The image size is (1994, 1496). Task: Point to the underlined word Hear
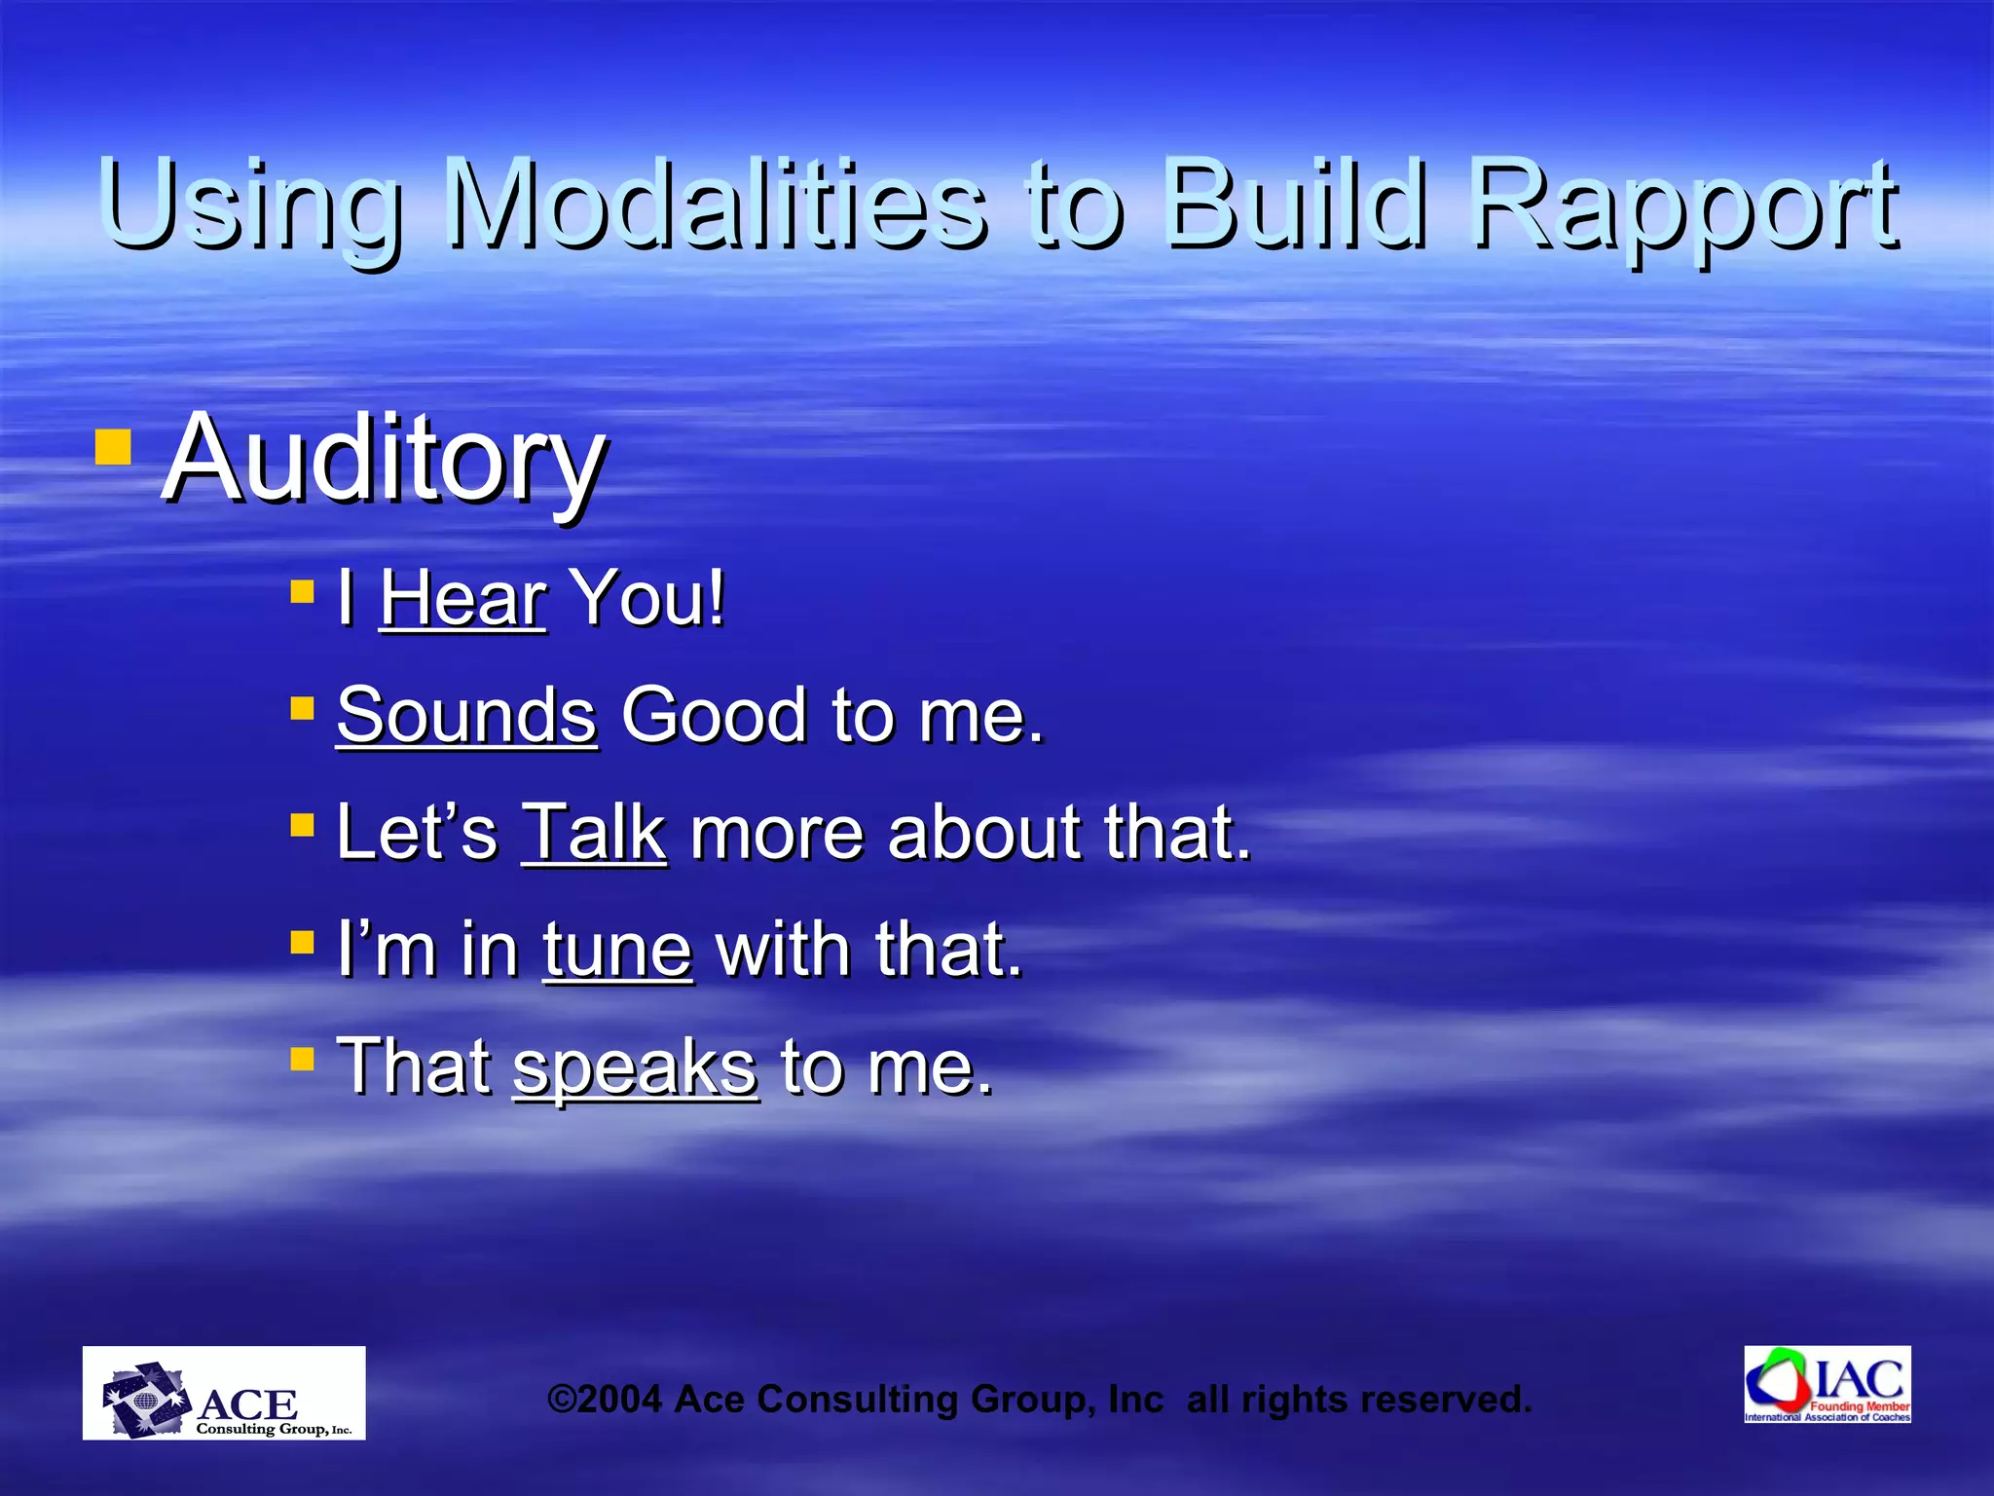[x=462, y=598]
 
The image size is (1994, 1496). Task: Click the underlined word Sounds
[x=466, y=715]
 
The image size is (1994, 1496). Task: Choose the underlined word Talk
[x=594, y=833]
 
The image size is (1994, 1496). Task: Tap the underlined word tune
[x=617, y=950]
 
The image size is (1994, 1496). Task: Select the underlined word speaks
[x=635, y=1067]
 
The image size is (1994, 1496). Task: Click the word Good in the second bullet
[x=715, y=715]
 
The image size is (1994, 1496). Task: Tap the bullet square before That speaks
[x=302, y=1059]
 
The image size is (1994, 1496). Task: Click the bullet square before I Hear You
[x=302, y=590]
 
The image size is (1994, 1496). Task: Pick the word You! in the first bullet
[x=647, y=598]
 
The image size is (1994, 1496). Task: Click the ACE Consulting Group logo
[x=224, y=1393]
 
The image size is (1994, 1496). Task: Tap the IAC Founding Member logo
[x=1828, y=1385]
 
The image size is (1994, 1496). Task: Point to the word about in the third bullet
[x=983, y=833]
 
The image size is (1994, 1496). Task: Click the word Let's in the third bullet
[x=416, y=833]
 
